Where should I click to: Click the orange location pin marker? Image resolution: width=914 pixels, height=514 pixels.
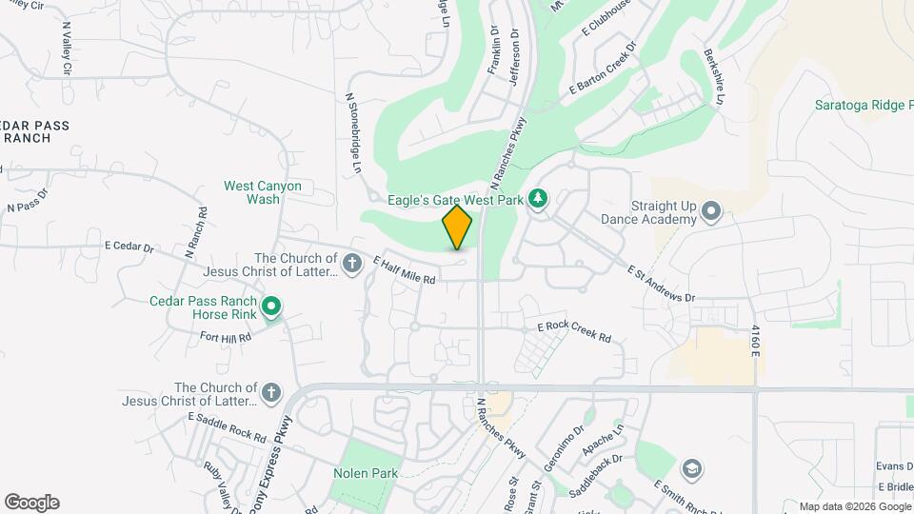coord(457,227)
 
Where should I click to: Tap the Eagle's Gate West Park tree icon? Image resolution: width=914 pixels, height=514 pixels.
coord(539,199)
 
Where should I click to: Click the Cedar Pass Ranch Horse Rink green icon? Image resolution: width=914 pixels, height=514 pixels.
coord(271,306)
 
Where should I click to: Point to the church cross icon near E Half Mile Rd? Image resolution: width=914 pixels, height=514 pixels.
coord(352,263)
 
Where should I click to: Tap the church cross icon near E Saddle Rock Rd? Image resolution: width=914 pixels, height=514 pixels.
coord(271,392)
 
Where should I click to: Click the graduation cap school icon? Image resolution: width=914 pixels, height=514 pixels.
coord(692,468)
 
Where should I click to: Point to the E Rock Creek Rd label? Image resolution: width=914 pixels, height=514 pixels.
coord(574,331)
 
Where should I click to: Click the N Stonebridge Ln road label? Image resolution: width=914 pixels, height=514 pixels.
coord(354,132)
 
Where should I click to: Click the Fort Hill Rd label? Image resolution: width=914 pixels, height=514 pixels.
coord(226,337)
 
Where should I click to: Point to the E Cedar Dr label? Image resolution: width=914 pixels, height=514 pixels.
coord(129,247)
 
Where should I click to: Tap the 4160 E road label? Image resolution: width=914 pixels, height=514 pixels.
coord(756,341)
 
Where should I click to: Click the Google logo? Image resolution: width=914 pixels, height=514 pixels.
coord(31,503)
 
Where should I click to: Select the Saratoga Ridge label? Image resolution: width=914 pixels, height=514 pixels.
coord(863,105)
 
